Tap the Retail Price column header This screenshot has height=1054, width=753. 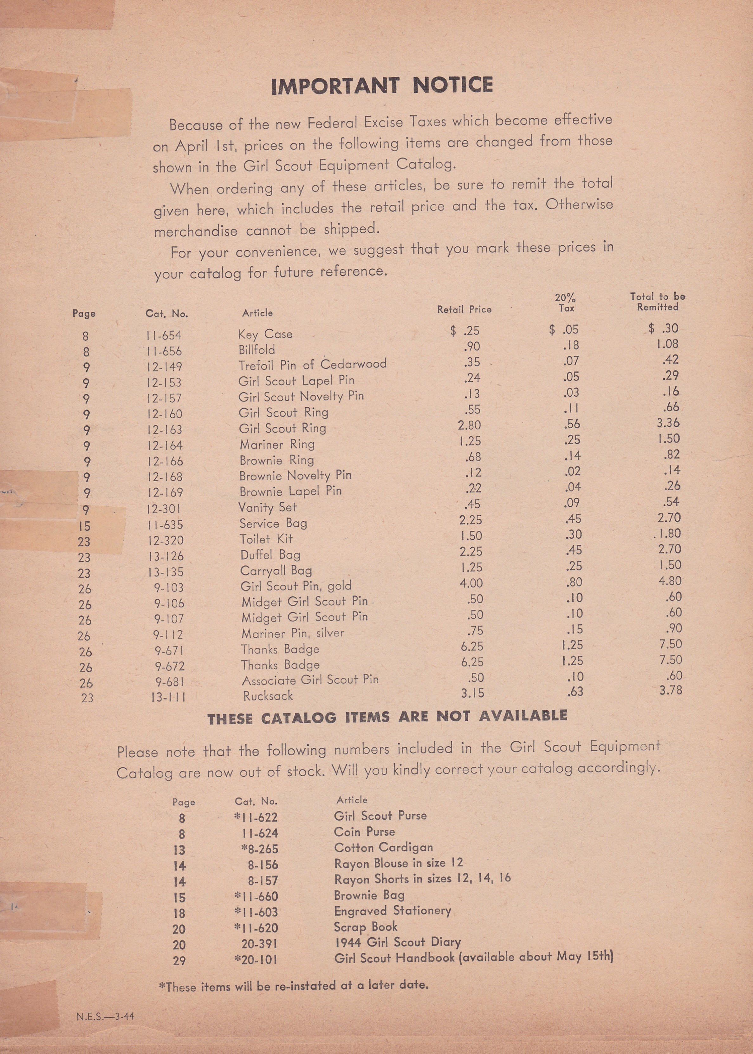(x=464, y=309)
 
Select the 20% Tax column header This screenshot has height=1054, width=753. (x=565, y=302)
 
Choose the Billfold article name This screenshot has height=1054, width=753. (x=256, y=350)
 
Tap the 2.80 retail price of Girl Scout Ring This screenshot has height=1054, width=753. (x=469, y=425)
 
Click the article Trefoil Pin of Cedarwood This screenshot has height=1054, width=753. (x=312, y=365)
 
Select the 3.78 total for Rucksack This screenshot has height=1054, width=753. (x=671, y=690)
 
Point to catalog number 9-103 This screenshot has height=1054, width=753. (x=169, y=588)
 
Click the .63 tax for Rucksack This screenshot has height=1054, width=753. (x=574, y=692)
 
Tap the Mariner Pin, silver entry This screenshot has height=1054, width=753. (x=293, y=633)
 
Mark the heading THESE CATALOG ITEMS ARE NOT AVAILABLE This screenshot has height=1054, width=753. (x=387, y=717)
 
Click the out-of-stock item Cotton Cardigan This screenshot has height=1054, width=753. (x=383, y=847)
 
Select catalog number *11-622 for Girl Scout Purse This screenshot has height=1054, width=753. (x=256, y=817)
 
